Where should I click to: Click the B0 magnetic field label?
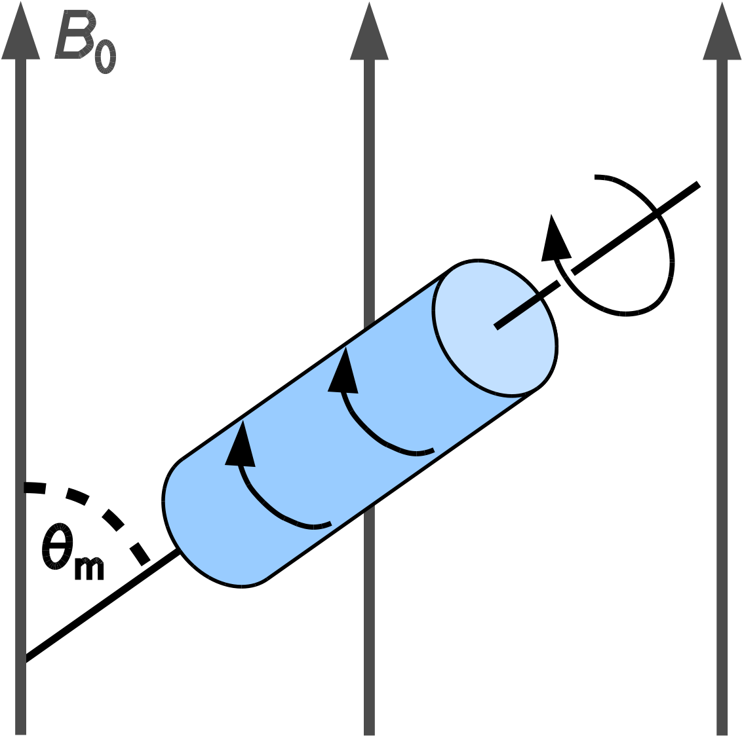coord(85,42)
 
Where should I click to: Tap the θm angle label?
coord(72,551)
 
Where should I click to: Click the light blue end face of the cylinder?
coord(494,328)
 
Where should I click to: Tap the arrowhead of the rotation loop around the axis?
coord(556,240)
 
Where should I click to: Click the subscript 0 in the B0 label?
coord(106,57)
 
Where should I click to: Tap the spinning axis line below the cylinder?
coord(102,605)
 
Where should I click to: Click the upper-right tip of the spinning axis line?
coord(699,185)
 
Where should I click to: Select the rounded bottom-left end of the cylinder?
coord(199,534)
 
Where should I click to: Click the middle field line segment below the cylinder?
coord(369,619)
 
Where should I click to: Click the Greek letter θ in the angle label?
coord(58,546)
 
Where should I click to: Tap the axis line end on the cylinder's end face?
coord(496,327)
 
